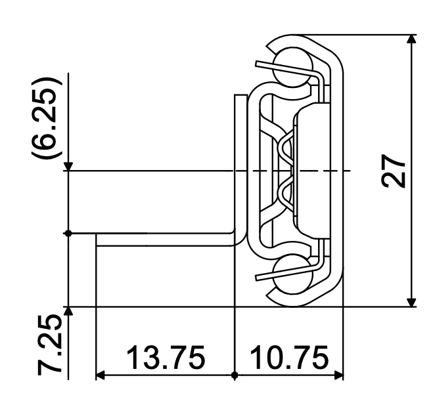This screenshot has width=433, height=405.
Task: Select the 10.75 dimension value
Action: [x=289, y=359]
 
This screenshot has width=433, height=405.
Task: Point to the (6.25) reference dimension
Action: [x=47, y=118]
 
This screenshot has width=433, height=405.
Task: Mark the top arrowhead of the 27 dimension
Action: [x=412, y=39]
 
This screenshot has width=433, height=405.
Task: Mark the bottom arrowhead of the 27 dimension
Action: [x=412, y=301]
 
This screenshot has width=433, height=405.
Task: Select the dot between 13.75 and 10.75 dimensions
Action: [x=235, y=376]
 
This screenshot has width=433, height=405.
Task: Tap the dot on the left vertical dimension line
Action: [x=69, y=234]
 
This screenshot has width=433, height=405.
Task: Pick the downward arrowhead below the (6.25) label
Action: [x=69, y=166]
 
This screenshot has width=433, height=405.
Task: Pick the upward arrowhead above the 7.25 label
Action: [x=69, y=311]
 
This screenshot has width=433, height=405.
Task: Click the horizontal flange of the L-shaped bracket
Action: [x=164, y=239]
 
